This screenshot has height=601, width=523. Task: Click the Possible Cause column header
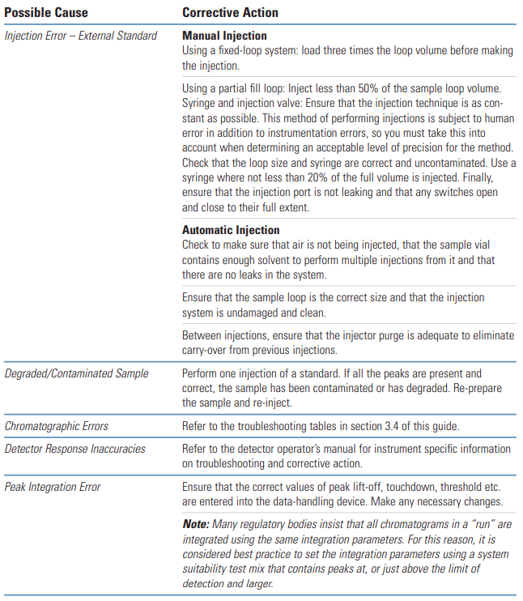(46, 13)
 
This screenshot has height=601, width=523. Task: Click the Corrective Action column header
(230, 13)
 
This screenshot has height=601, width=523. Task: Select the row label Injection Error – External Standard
(81, 36)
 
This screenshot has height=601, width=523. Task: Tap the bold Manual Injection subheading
(224, 36)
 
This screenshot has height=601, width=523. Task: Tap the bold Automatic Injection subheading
(231, 230)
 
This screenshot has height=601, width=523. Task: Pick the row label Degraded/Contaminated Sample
(76, 373)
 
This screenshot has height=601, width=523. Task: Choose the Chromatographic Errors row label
(56, 425)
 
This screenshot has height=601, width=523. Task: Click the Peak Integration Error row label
(53, 487)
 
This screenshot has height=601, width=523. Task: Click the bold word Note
(197, 524)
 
